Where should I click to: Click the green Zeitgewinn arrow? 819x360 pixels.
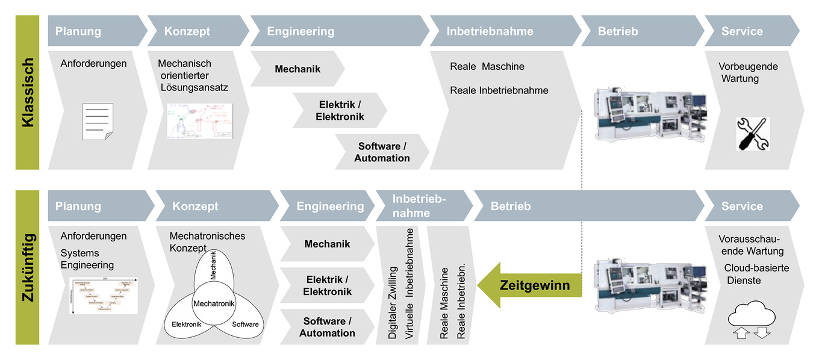point(530,284)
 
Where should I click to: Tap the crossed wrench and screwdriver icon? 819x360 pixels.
point(753,134)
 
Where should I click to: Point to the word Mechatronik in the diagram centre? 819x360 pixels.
point(214,303)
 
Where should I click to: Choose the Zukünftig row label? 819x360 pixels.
point(27,267)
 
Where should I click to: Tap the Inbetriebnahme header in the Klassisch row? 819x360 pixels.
point(490,31)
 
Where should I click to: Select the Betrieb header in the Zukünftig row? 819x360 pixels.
point(511,206)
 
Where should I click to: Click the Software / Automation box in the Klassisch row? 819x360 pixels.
point(382,152)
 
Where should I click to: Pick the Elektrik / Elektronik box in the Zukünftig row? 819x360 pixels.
point(327,285)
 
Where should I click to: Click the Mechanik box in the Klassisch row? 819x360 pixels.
point(297,69)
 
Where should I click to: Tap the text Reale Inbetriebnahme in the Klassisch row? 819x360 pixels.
point(499,90)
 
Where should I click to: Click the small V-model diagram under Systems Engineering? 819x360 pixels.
point(103,296)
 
